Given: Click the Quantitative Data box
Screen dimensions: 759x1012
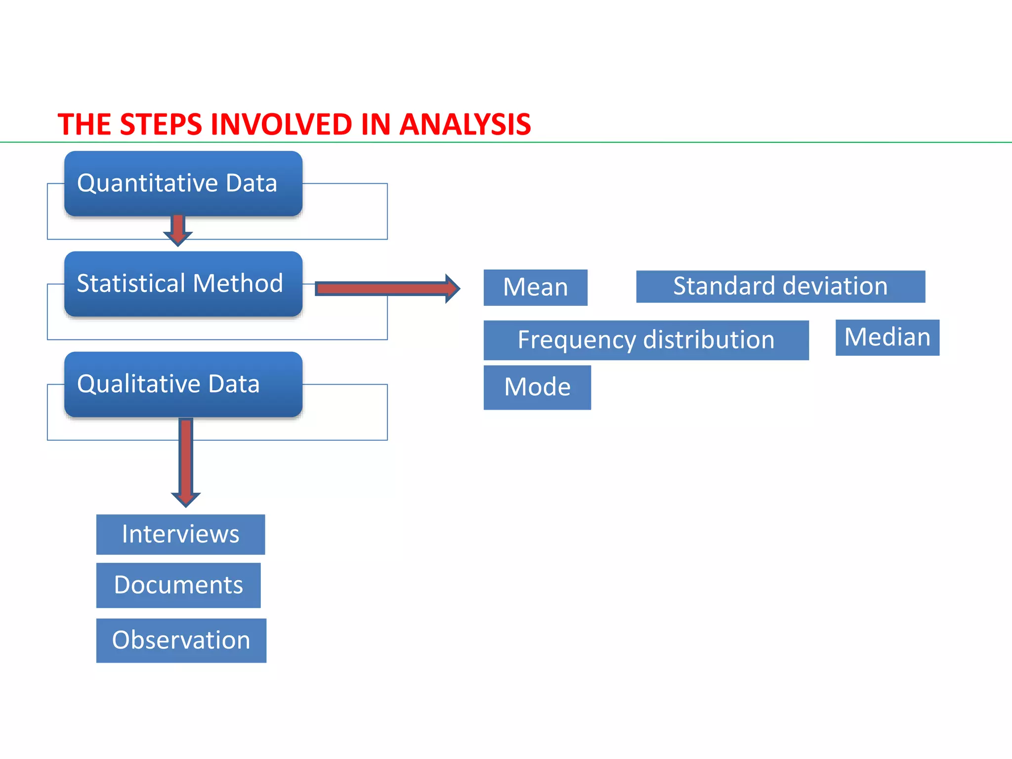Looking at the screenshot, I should click(x=183, y=183).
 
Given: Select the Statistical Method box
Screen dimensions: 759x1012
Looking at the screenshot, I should click(x=183, y=284).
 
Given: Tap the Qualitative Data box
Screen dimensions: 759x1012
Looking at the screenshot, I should click(x=183, y=384).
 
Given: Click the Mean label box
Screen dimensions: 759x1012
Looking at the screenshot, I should click(x=535, y=287).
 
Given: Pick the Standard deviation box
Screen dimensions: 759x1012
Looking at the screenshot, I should click(x=780, y=286).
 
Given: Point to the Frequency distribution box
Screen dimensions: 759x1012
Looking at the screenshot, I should click(x=646, y=340).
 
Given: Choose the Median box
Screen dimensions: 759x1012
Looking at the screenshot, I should click(x=887, y=337).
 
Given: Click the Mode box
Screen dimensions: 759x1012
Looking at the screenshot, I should click(x=537, y=387).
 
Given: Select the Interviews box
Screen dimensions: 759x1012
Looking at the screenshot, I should click(x=180, y=534).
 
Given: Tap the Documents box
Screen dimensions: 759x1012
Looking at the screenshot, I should click(x=178, y=585).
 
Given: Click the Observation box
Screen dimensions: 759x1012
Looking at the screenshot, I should click(x=181, y=640).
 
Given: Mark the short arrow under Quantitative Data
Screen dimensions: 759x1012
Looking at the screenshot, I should click(x=178, y=230).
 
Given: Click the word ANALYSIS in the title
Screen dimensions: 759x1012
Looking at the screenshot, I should click(x=465, y=124).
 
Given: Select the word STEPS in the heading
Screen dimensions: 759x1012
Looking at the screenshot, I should click(x=161, y=124).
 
